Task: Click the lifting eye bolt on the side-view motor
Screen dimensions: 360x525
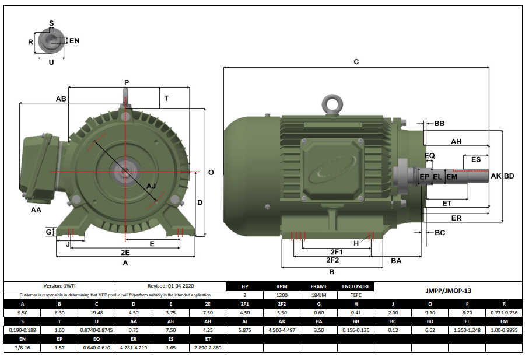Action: pyautogui.click(x=333, y=104)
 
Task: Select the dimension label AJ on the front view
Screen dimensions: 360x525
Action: pyautogui.click(x=151, y=186)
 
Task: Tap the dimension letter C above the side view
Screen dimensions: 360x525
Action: pyautogui.click(x=356, y=62)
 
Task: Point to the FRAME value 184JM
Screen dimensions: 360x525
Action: pyautogui.click(x=319, y=295)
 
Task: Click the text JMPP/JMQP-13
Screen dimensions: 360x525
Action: pyautogui.click(x=447, y=290)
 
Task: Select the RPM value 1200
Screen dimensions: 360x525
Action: pyautogui.click(x=282, y=295)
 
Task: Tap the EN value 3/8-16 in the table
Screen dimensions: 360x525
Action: pyautogui.click(x=22, y=348)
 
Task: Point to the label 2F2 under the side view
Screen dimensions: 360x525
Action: pyautogui.click(x=332, y=260)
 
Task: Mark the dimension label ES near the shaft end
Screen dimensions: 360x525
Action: pyautogui.click(x=476, y=159)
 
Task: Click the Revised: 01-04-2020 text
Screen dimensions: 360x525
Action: pyautogui.click(x=170, y=286)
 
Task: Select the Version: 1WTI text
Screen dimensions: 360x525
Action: pyautogui.click(x=59, y=286)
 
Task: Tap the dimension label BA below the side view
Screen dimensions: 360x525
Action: pyautogui.click(x=396, y=261)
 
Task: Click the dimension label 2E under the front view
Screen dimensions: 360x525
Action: pyautogui.click(x=125, y=252)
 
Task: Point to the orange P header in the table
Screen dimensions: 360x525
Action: pyautogui.click(x=466, y=303)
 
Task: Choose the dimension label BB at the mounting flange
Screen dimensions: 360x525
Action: pyautogui.click(x=439, y=124)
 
